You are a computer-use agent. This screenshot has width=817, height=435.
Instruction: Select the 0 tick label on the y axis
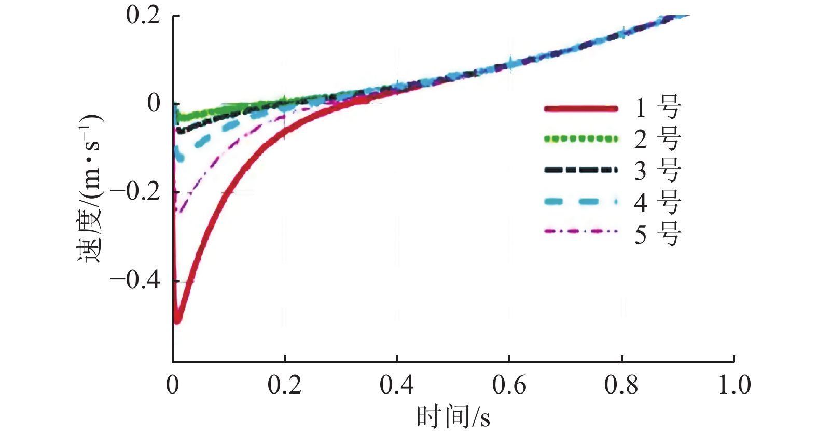[154, 103]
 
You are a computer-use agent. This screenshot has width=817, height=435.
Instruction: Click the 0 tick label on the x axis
[173, 385]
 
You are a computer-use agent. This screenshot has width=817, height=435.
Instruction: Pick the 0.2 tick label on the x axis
[284, 385]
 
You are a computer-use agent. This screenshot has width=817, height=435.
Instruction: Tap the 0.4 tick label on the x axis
[397, 385]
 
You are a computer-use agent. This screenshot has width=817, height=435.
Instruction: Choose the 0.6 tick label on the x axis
[509, 385]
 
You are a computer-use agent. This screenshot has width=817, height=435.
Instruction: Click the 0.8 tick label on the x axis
[621, 385]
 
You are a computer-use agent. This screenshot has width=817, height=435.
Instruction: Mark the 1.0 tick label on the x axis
[734, 385]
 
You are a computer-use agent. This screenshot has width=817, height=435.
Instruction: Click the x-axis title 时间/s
[453, 417]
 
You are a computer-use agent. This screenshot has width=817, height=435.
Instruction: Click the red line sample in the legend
[581, 108]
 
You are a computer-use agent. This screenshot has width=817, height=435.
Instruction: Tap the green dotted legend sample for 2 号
[581, 139]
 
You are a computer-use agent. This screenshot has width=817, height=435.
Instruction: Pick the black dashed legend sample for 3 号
[581, 170]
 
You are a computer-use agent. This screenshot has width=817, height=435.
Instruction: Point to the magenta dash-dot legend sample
[581, 231]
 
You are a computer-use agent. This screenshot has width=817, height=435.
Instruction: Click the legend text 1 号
[657, 108]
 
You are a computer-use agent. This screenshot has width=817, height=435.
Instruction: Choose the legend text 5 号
[657, 234]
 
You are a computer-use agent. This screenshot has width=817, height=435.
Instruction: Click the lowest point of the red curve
[177, 320]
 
